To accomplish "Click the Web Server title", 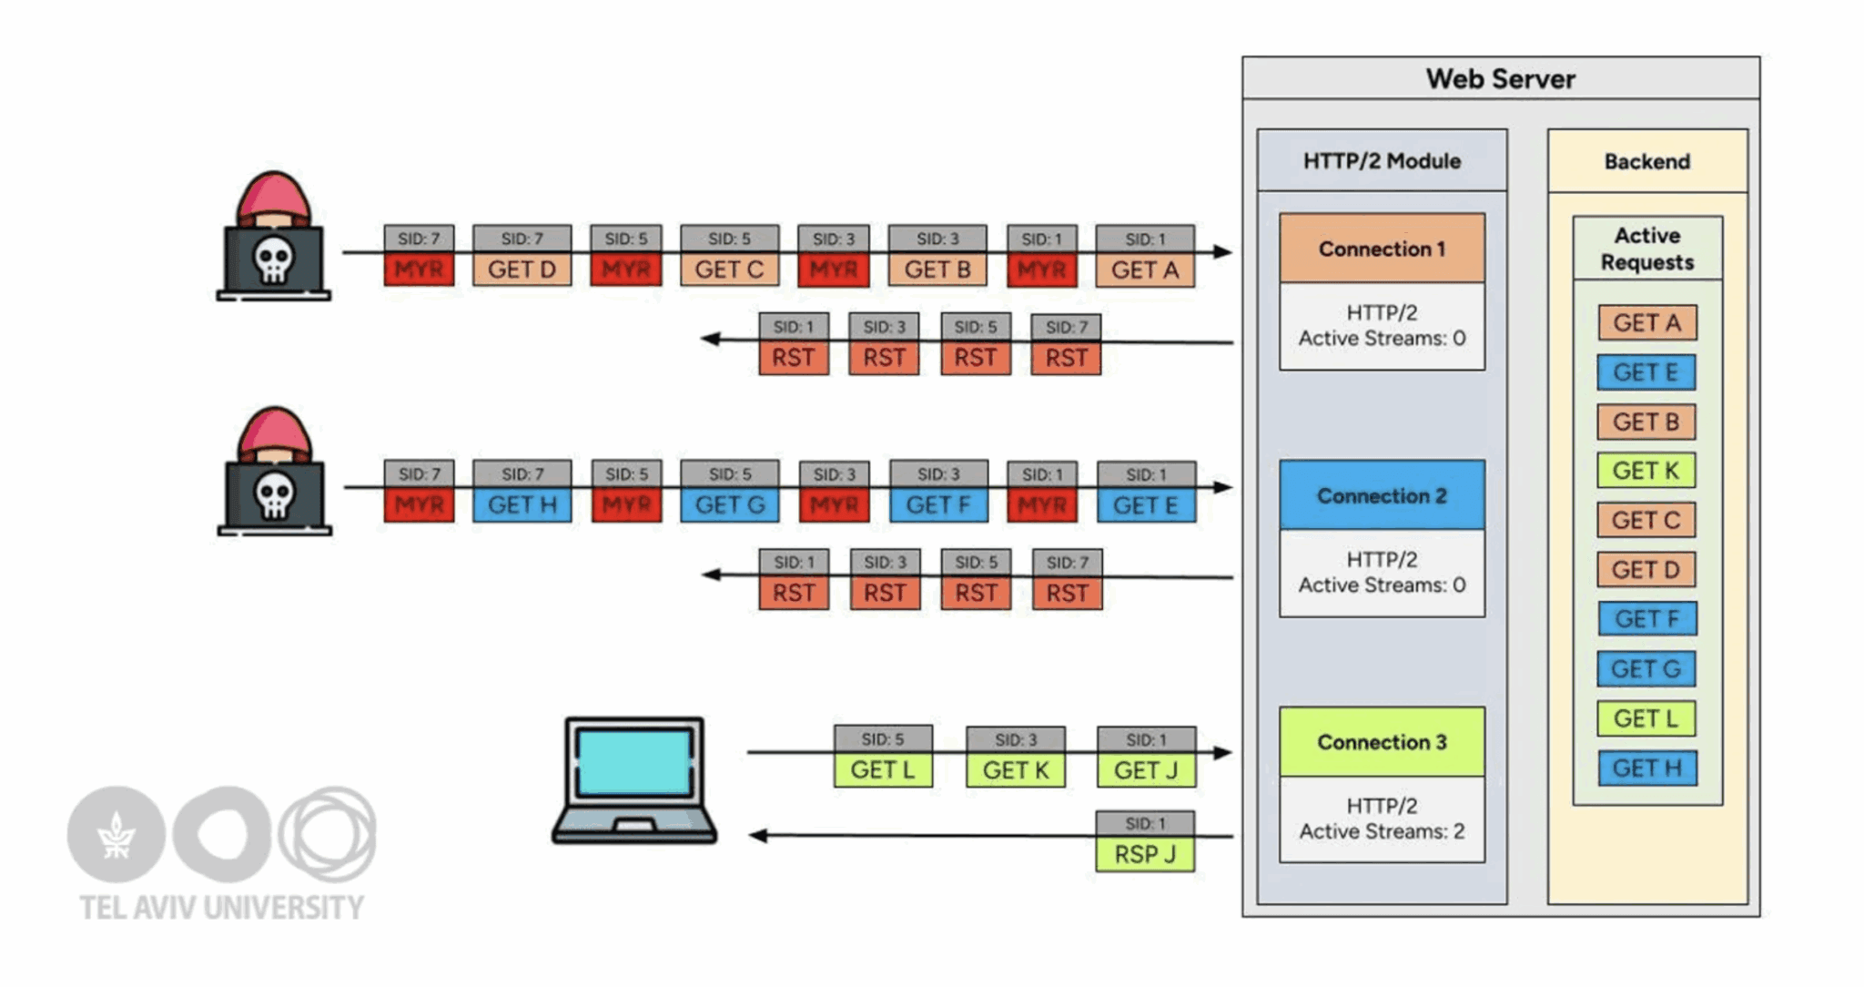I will pos(1500,79).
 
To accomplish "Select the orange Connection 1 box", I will pos(1382,249).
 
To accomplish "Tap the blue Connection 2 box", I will pos(1382,495).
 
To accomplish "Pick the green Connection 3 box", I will pos(1382,742).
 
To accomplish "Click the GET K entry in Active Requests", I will pos(1646,471).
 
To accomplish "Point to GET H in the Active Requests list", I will pos(1646,768).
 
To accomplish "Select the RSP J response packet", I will pos(1145,854).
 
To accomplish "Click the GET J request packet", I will pos(1146,770).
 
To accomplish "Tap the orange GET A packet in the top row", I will pos(1145,270).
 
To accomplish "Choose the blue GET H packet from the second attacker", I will pos(522,504).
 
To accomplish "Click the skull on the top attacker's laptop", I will pos(273,259).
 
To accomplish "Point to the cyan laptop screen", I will pos(634,763).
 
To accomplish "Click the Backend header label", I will pos(1646,162).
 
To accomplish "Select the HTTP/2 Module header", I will pos(1382,161).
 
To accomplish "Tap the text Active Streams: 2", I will pos(1382,831).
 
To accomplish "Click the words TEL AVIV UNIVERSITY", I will pos(221,908).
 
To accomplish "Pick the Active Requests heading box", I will pos(1646,249).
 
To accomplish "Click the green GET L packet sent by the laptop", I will pos(882,770).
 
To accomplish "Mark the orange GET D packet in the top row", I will pos(522,270).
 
